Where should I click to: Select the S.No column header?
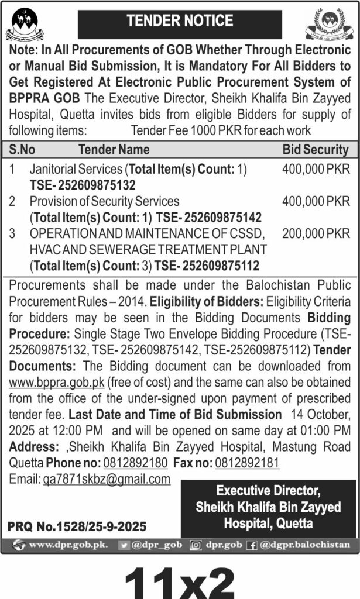(x=22, y=150)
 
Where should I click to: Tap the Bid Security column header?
(x=316, y=150)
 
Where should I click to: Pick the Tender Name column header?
(x=114, y=150)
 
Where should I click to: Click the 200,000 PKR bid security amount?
(x=316, y=233)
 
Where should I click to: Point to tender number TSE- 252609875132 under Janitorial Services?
(x=83, y=185)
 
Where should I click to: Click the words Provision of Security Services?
(x=105, y=202)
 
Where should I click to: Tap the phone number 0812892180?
(x=135, y=463)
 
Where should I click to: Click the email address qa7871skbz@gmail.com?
(x=107, y=479)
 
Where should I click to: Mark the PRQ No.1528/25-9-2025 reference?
(x=77, y=526)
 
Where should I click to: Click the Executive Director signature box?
(x=269, y=507)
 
